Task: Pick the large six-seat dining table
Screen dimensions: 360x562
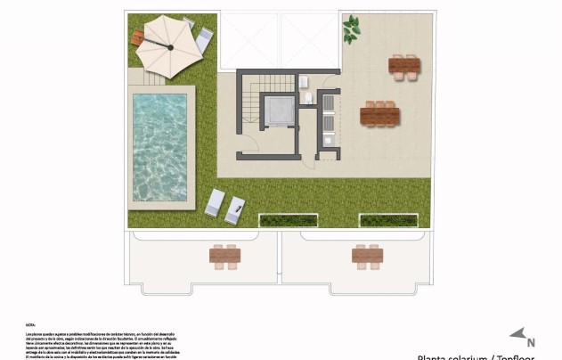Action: pyautogui.click(x=379, y=115)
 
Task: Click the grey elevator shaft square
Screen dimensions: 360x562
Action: pyautogui.click(x=279, y=110)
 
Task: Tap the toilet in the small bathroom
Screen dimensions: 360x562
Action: pyautogui.click(x=307, y=97)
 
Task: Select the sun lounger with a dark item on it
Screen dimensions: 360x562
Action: pyautogui.click(x=235, y=210)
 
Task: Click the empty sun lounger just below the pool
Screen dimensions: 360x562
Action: pyautogui.click(x=216, y=203)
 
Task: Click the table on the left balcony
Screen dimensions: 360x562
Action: pyautogui.click(x=224, y=256)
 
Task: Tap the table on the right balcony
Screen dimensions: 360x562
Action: pyautogui.click(x=367, y=256)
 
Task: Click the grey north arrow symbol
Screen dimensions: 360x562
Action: pyautogui.click(x=517, y=333)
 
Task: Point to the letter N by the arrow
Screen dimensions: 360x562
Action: pyautogui.click(x=531, y=341)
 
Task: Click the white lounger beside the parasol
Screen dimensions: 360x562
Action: pyautogui.click(x=204, y=40)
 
